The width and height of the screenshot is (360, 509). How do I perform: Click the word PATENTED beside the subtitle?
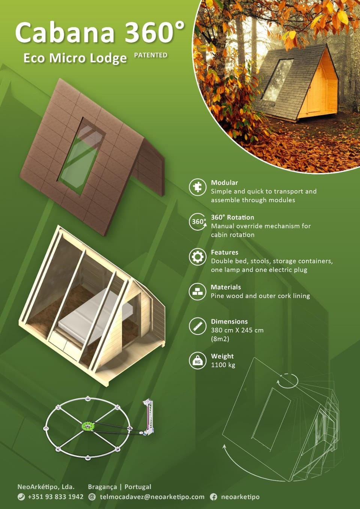pos(151,55)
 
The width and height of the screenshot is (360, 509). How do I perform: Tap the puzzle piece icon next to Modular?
pos(198,187)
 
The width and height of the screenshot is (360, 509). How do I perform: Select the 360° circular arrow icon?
pos(198,222)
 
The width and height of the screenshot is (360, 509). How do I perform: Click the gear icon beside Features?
pos(198,257)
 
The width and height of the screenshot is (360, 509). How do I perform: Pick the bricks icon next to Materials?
pos(198,292)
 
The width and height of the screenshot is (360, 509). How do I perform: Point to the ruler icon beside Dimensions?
pos(198,326)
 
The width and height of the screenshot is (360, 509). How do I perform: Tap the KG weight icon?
pos(198,361)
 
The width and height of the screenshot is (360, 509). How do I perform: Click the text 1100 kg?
pos(223,365)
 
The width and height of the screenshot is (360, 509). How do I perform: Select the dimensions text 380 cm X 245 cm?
pos(237,330)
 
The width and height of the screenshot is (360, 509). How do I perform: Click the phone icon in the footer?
pos(21,497)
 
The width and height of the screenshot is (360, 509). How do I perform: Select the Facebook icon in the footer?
pos(213,497)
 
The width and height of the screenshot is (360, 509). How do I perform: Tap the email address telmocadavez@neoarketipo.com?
pos(152,497)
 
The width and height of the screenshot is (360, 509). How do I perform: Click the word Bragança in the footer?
pos(102,487)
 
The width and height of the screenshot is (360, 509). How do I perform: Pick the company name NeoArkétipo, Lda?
pos(46,487)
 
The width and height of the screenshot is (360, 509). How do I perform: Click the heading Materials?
pos(226,287)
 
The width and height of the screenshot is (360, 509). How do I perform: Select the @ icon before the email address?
pos(92,497)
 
